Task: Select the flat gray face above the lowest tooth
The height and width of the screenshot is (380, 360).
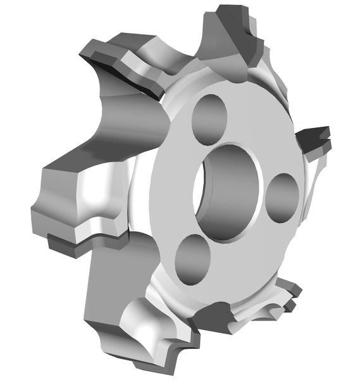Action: coord(108,279)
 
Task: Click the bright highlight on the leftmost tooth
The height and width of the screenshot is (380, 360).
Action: coord(95,196)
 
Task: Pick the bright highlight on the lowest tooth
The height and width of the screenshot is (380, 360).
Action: coord(149,329)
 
